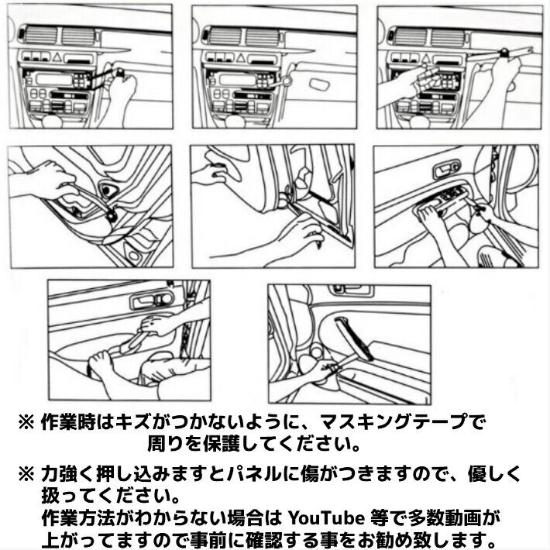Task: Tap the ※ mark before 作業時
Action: (26, 422)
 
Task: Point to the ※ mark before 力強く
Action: (26, 475)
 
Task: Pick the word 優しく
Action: (494, 474)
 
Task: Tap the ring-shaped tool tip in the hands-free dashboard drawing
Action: (287, 81)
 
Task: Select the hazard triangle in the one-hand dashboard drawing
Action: (58, 57)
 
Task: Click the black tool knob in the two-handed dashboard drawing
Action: (505, 52)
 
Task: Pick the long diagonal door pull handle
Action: (353, 339)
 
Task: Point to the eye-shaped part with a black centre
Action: (107, 190)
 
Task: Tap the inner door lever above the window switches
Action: (446, 170)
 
